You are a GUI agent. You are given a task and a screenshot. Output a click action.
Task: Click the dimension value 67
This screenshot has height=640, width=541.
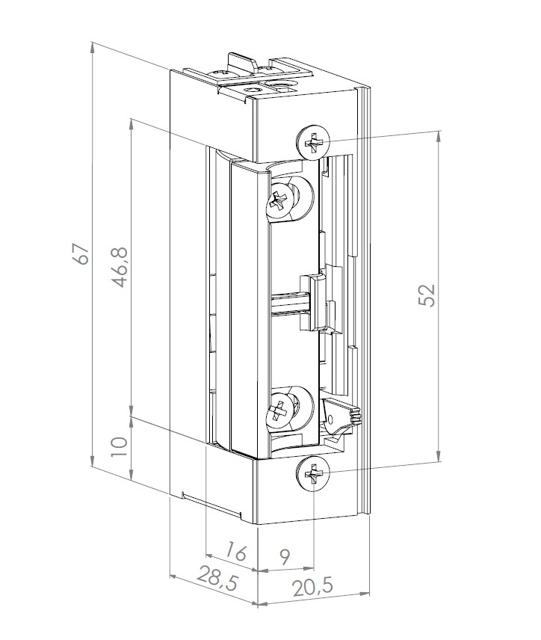(81, 253)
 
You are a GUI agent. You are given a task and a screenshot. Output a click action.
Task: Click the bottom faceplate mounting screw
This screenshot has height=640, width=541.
(314, 473)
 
